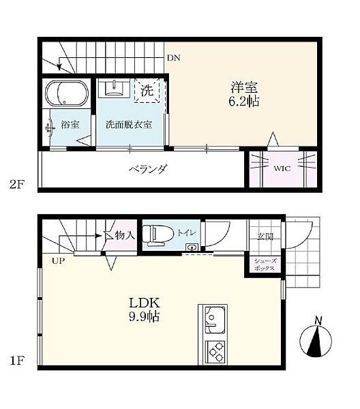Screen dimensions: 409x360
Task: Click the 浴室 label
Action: tap(70, 125)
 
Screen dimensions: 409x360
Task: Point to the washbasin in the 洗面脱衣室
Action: tap(112, 89)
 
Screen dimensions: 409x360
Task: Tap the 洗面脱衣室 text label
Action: tap(128, 125)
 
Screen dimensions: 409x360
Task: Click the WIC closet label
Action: tap(282, 168)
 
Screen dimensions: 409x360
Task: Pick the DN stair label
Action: tap(175, 59)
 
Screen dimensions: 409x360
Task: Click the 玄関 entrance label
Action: tap(265, 236)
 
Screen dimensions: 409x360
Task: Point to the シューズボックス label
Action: tap(265, 264)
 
